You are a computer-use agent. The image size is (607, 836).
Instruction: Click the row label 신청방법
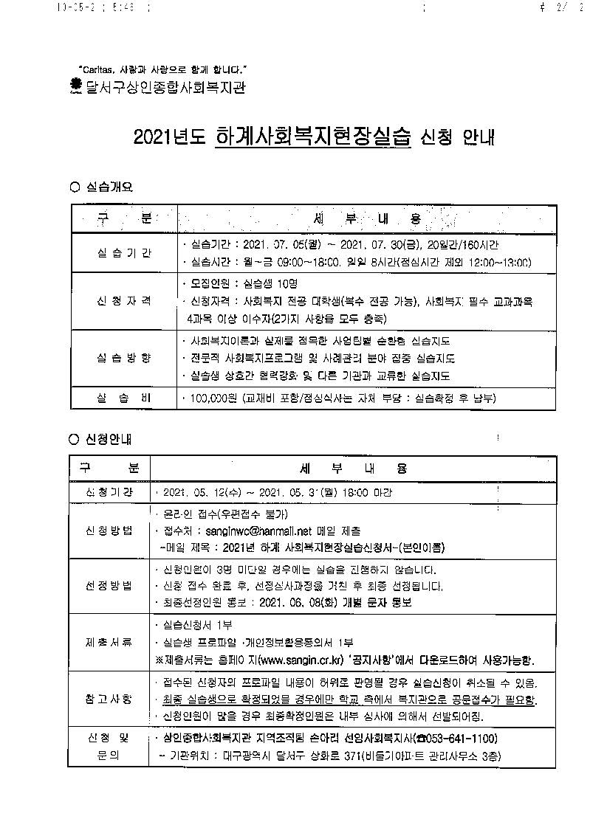[x=109, y=531]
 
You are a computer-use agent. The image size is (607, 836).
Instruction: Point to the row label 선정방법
[x=109, y=586]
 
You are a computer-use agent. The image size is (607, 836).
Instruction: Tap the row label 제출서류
[x=109, y=642]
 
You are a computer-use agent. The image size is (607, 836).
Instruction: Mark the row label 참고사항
[x=109, y=698]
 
